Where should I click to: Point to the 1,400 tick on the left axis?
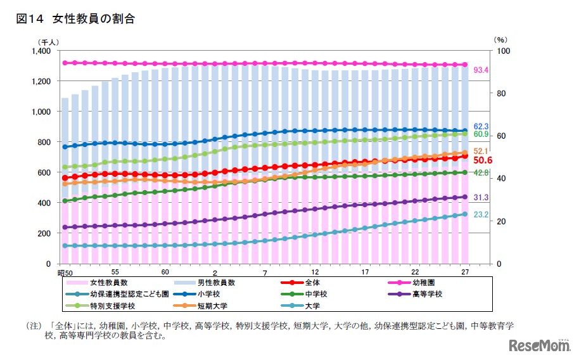pyautogui.click(x=41, y=51)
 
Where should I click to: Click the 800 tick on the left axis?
pyautogui.click(x=45, y=142)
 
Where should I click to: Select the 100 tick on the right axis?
pyautogui.click(x=500, y=51)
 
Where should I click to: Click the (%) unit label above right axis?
pyautogui.click(x=500, y=39)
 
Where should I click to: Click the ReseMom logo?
pyautogui.click(x=538, y=345)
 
